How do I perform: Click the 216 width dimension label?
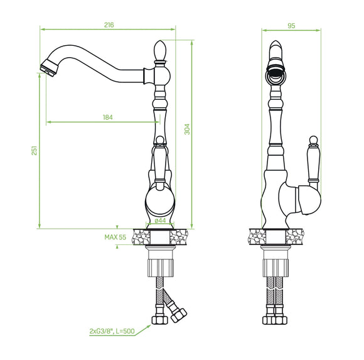tap(109, 25)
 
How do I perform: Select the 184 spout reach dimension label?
tap(108, 117)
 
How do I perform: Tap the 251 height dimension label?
tap(34, 151)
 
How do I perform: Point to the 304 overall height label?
tap(187, 129)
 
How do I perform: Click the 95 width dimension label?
tap(291, 26)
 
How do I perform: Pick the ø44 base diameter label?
tap(160, 221)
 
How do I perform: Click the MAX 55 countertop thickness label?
tap(115, 237)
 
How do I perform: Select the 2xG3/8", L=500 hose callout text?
tap(112, 331)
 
